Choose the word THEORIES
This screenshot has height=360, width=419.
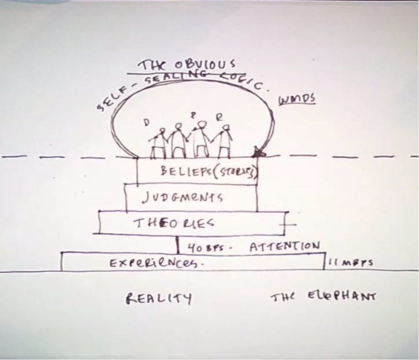174,223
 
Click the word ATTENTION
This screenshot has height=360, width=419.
284,247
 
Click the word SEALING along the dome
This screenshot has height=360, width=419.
160,78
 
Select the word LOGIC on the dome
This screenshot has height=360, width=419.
245,80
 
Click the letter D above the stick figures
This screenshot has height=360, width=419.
146,123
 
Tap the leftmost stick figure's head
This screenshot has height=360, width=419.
162,131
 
